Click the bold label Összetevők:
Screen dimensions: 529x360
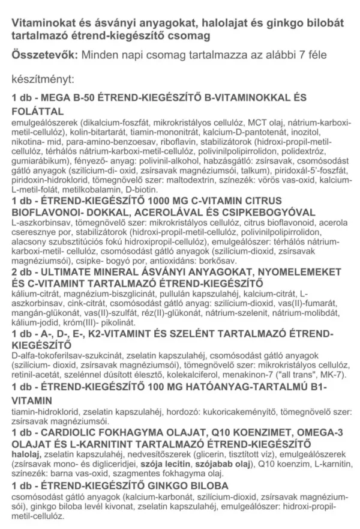(x=41, y=55)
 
